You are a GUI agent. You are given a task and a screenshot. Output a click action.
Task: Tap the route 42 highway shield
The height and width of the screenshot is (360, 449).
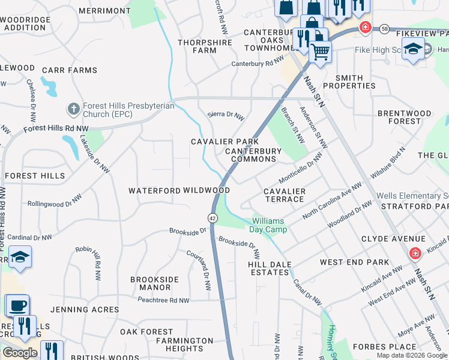213,218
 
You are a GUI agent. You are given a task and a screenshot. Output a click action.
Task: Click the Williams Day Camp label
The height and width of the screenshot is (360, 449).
268,225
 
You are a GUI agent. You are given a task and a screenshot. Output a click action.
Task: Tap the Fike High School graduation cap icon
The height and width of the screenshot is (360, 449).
412,50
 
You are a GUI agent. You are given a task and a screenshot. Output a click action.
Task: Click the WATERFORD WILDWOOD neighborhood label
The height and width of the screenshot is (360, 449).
179,190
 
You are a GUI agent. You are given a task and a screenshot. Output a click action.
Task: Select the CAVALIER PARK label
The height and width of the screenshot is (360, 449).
224,142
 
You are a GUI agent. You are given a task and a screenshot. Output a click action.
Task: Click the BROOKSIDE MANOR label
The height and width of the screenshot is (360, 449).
155,283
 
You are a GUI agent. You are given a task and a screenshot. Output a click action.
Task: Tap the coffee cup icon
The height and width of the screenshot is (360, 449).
17,305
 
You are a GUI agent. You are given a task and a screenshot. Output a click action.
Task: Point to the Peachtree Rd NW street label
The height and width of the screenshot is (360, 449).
163,300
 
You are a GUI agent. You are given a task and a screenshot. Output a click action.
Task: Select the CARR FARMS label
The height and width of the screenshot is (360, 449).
70,70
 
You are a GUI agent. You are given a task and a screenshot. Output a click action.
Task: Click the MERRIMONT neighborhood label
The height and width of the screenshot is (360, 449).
104,11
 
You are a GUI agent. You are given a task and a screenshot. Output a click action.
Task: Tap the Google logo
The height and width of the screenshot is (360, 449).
20,353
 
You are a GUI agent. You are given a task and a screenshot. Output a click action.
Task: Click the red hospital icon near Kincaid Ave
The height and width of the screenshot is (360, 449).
414,254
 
